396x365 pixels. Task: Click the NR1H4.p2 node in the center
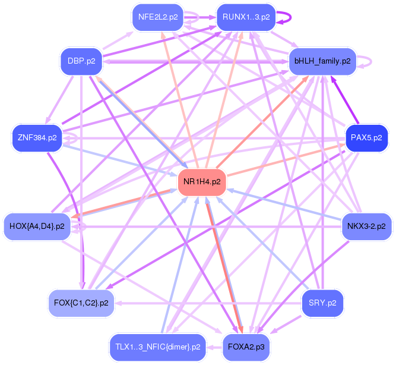(x=202, y=182)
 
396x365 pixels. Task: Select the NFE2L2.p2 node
(x=158, y=17)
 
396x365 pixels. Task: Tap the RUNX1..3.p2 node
(x=246, y=17)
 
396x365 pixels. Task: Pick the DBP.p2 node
(x=81, y=61)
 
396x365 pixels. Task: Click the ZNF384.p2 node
(x=37, y=137)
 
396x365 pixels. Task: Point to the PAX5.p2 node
(x=366, y=137)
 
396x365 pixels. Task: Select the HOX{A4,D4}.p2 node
(x=37, y=226)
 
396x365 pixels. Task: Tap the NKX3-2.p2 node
(x=366, y=226)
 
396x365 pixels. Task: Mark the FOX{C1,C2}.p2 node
(x=81, y=303)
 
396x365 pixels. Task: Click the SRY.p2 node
(x=322, y=303)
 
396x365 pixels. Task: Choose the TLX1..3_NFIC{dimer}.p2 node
(x=157, y=347)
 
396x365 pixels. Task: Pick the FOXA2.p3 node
(x=246, y=347)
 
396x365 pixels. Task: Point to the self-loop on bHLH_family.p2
(x=369, y=61)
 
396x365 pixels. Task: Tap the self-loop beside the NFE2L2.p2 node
(x=194, y=17)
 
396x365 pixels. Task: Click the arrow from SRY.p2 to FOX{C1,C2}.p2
(x=208, y=303)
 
